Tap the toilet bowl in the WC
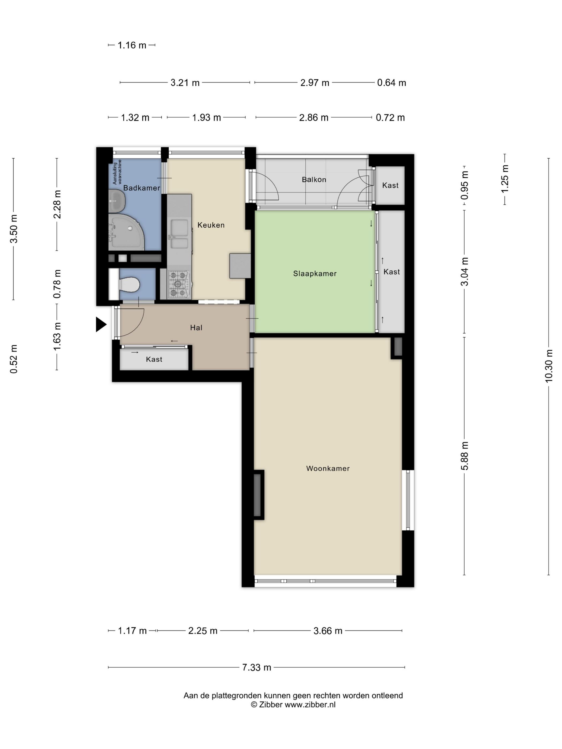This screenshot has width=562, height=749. [x=130, y=284]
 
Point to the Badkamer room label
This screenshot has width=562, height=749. [x=142, y=188]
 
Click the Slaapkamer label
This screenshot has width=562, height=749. [x=315, y=274]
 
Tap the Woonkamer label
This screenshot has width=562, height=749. [x=328, y=468]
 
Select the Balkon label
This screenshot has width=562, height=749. [x=314, y=179]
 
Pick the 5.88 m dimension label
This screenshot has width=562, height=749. [x=465, y=456]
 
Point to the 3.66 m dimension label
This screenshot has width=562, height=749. [x=328, y=631]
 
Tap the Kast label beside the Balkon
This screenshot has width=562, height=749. [x=390, y=185]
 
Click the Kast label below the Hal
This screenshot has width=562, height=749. [x=154, y=359]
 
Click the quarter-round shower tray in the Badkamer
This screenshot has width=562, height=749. [x=126, y=232]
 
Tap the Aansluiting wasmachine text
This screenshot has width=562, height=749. [x=117, y=172]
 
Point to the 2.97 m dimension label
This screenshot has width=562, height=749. [x=315, y=83]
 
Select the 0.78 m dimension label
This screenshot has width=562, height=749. [x=57, y=284]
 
